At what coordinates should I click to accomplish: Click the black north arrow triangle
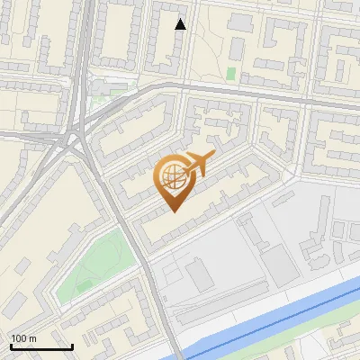pos(181,24)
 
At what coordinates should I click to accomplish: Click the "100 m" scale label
pos(24,337)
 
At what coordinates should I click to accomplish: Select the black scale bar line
pos(41,346)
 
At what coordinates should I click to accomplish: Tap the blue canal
pos(270,316)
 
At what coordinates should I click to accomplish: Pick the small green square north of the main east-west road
pos(231,73)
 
